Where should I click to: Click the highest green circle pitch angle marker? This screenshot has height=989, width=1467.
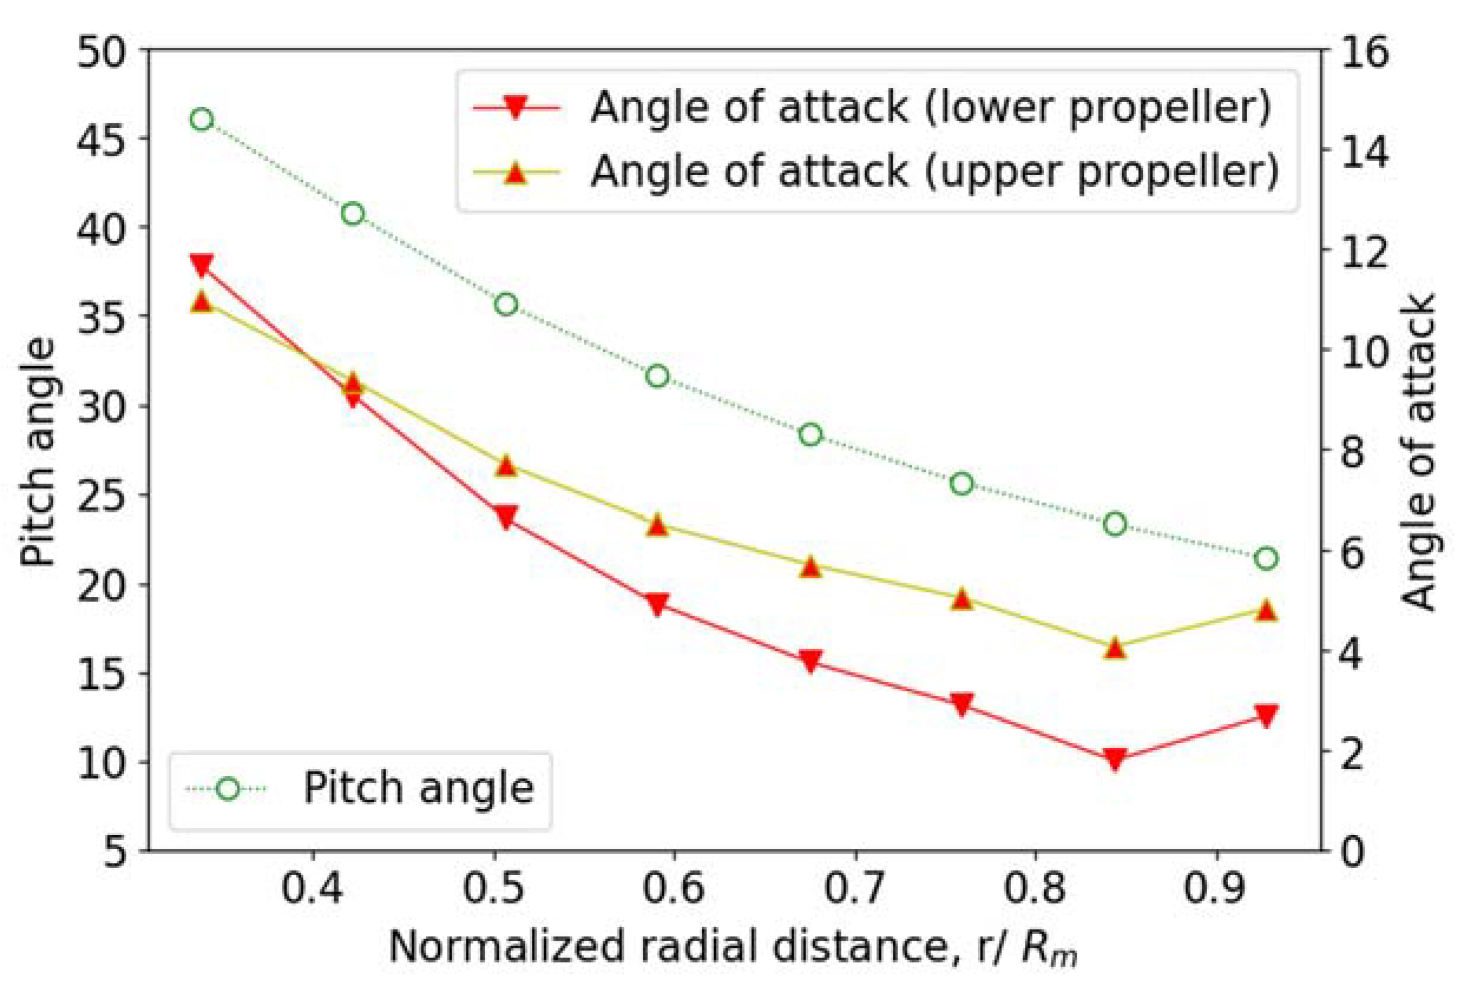pos(202,120)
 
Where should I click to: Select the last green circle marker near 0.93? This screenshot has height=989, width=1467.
pos(1267,558)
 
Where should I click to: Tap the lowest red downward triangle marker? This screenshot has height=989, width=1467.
pos(1115,760)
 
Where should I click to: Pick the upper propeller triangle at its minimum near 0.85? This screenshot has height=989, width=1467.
pos(1115,648)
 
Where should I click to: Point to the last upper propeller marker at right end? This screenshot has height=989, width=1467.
pos(1267,610)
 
